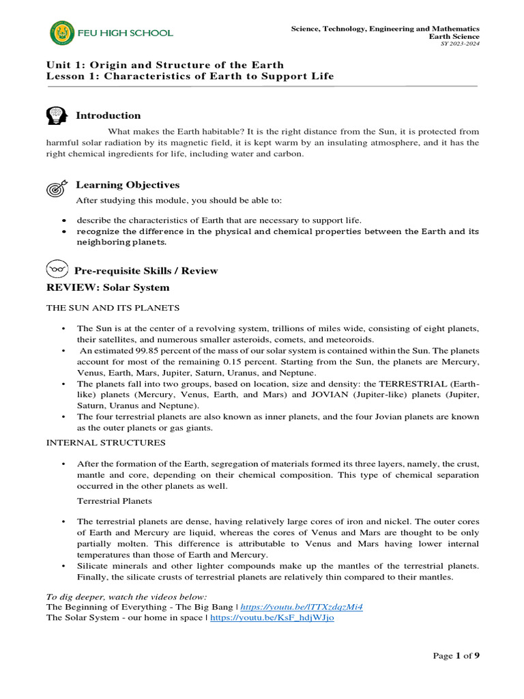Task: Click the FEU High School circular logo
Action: pyautogui.click(x=61, y=32)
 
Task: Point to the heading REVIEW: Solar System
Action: pyautogui.click(x=107, y=287)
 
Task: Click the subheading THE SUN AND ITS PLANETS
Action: pyautogui.click(x=113, y=308)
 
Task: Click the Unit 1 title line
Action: pyautogui.click(x=164, y=65)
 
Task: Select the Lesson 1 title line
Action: pyautogui.click(x=190, y=76)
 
